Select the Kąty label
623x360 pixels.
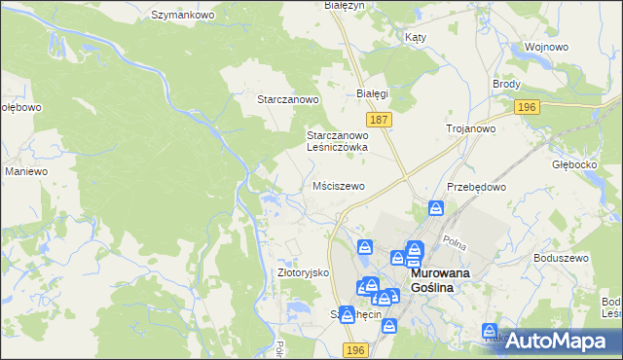point(416,37)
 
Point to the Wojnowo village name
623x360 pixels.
point(545,47)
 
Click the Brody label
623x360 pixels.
point(506,85)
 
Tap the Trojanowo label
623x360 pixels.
point(471,128)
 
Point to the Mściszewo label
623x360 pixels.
point(339,185)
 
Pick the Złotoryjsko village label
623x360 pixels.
point(305,273)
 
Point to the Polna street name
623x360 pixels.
point(454,240)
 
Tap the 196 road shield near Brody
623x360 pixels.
point(527,107)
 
